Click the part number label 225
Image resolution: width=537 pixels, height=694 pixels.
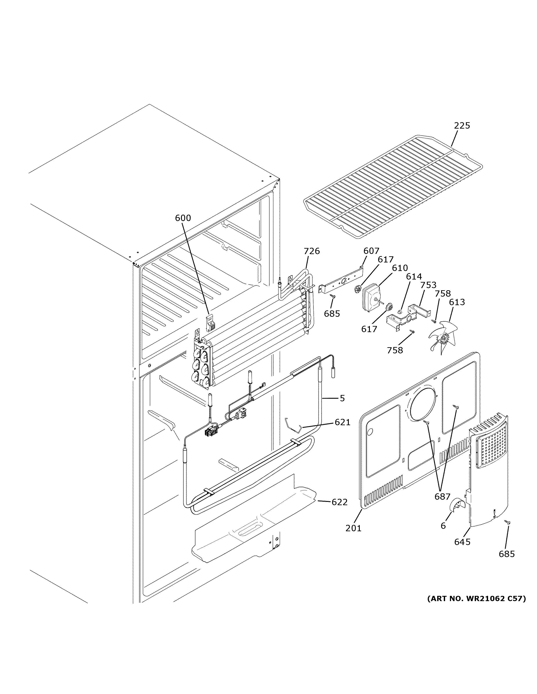point(462,126)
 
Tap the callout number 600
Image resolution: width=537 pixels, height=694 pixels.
point(183,218)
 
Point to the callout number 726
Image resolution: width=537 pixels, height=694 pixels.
point(311,251)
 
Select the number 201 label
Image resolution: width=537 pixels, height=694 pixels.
point(353,528)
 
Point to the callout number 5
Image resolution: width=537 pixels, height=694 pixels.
point(342,398)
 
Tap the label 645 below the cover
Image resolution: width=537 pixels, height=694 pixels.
point(462,542)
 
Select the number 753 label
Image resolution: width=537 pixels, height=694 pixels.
point(428,285)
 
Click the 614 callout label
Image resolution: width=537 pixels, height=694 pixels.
point(413,276)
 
